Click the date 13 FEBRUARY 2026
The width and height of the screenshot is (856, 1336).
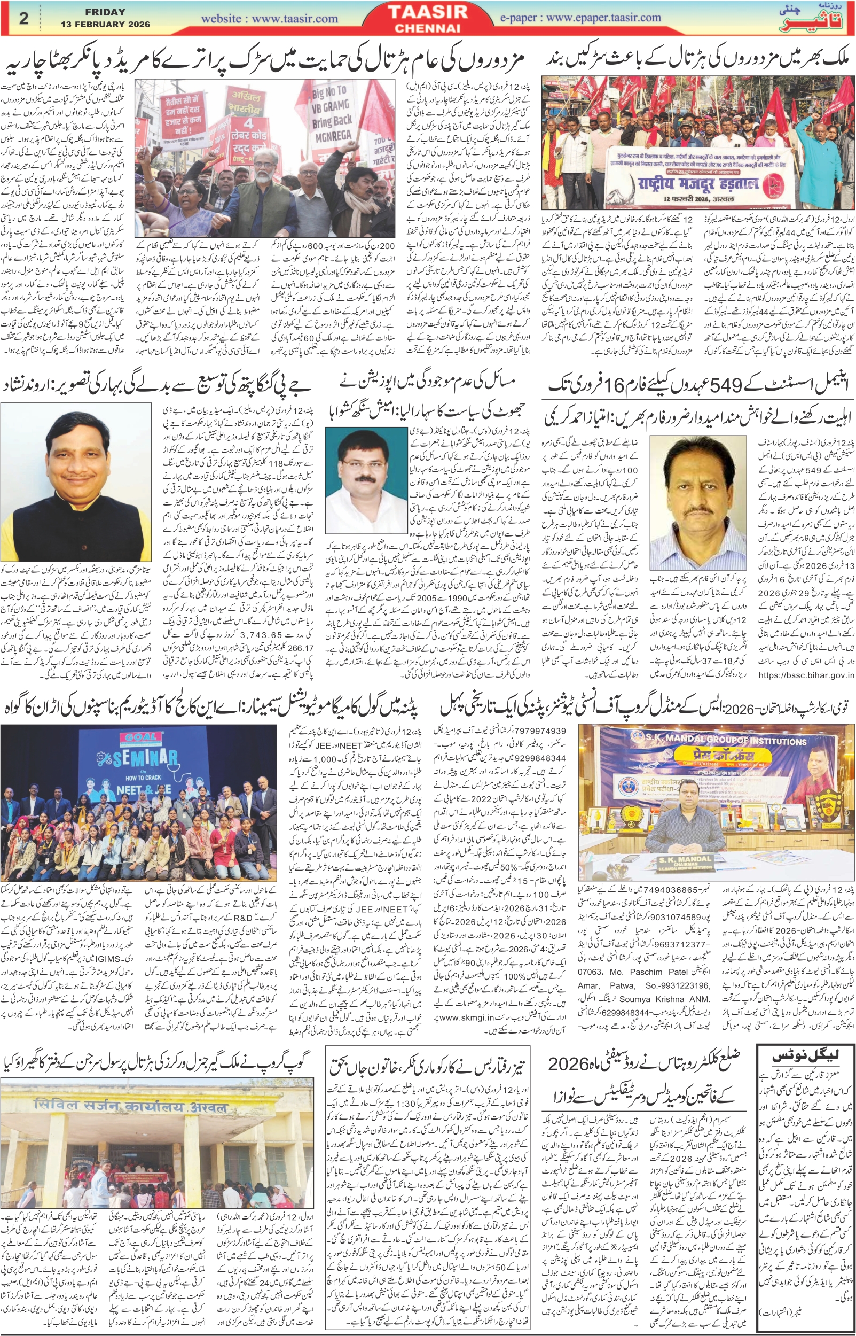point(106,25)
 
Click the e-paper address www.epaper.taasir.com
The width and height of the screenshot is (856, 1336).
point(602,17)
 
